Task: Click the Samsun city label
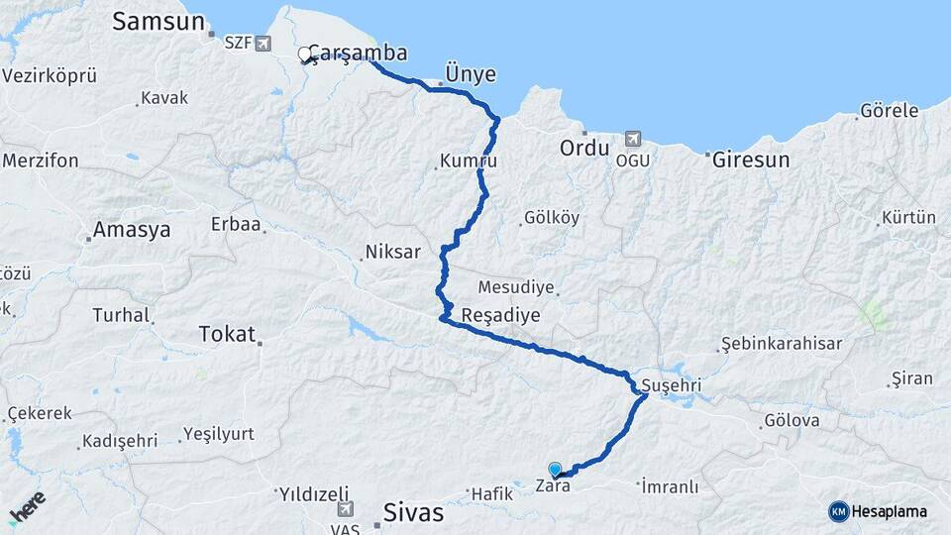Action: pos(158,22)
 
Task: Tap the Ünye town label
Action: pos(471,75)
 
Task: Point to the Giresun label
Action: pos(751,159)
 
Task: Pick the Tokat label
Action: pos(227,334)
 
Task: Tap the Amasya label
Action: pos(132,230)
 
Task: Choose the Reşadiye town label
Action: pos(501,315)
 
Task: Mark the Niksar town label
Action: pos(393,252)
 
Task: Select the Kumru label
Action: pos(468,160)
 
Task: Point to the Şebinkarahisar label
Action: pos(789,344)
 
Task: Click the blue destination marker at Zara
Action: pos(555,470)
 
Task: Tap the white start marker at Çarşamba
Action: pos(305,54)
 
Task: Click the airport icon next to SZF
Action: pos(262,43)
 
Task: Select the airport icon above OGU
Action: pos(633,141)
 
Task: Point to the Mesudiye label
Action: pos(516,288)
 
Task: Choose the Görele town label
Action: pos(890,111)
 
